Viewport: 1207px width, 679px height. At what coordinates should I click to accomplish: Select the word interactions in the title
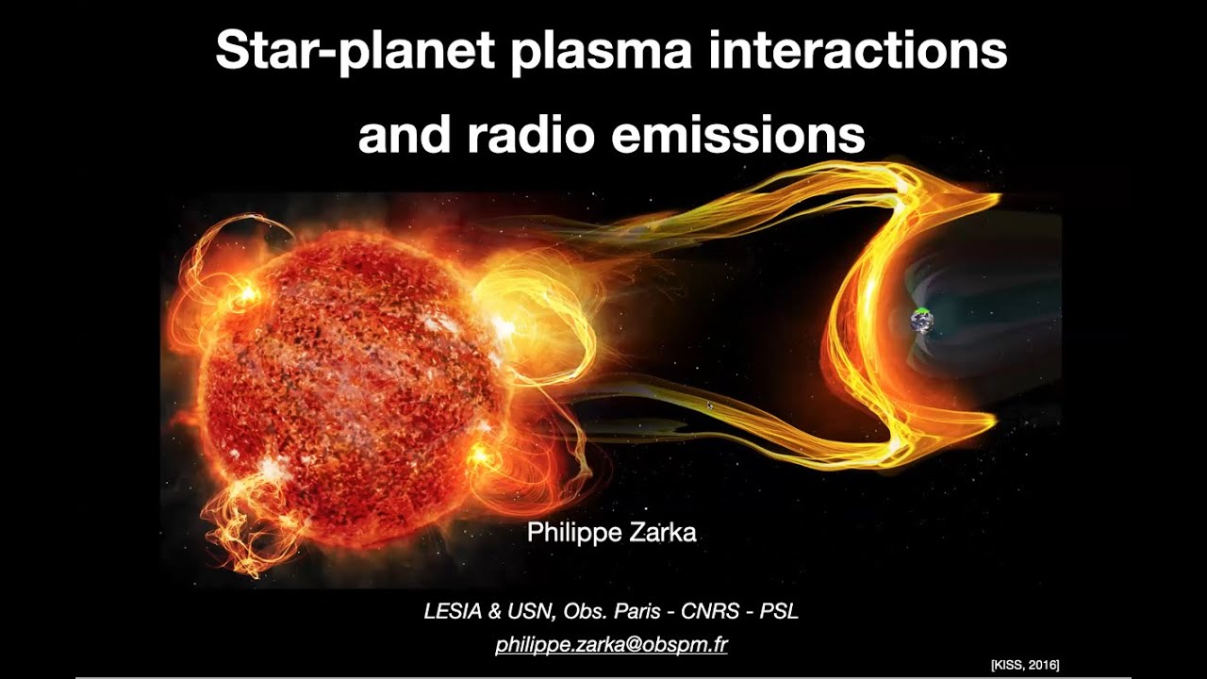[x=857, y=51]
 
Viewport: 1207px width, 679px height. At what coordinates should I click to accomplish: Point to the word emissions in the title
[x=737, y=135]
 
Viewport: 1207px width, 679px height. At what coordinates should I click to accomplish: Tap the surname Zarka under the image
[x=659, y=533]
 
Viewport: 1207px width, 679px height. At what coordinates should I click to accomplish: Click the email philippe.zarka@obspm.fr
[x=611, y=645]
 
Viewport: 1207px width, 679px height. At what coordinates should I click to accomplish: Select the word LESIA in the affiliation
[x=453, y=611]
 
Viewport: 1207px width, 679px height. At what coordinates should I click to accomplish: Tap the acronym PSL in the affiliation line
[x=778, y=611]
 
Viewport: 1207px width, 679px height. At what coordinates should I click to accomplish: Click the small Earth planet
[x=921, y=322]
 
